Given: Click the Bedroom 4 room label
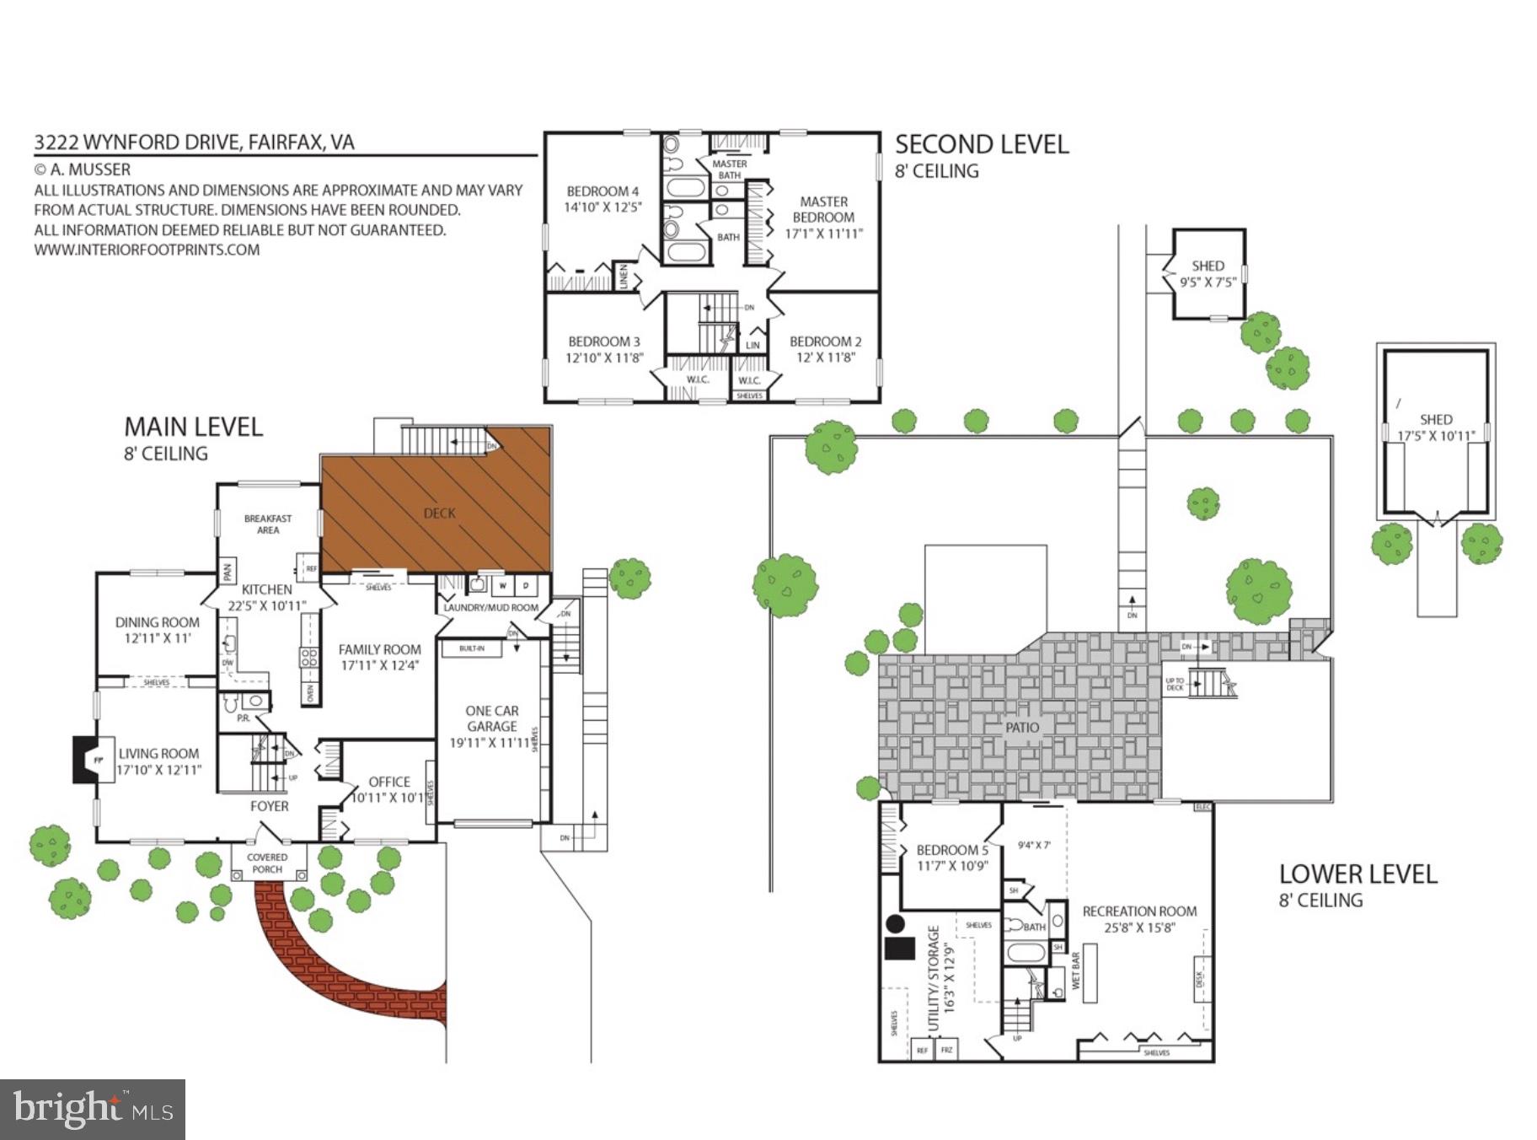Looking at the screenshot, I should click(602, 191).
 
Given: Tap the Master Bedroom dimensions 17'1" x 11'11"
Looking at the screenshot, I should click(823, 234).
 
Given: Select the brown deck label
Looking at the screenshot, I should click(439, 513).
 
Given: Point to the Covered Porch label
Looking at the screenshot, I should click(267, 863).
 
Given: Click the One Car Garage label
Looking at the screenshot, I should click(492, 718).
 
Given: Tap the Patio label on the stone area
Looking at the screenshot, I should click(1022, 727).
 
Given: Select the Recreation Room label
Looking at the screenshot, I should click(1139, 911).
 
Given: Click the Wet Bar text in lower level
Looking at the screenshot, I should click(1075, 971).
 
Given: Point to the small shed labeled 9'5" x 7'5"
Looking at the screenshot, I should click(1208, 274).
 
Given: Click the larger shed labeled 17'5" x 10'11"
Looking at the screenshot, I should click(1435, 427).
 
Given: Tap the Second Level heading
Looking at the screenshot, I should click(982, 144).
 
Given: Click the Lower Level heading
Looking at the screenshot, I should click(1358, 874).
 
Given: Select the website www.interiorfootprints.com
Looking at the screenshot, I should click(147, 250).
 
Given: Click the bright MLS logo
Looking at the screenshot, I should click(92, 1109).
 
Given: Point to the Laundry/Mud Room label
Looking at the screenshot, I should click(490, 607).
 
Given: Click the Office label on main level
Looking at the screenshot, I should click(389, 782).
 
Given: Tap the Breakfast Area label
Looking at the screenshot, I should click(268, 524).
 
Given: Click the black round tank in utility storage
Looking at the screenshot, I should click(895, 923).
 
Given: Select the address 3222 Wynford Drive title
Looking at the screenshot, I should click(194, 142).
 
